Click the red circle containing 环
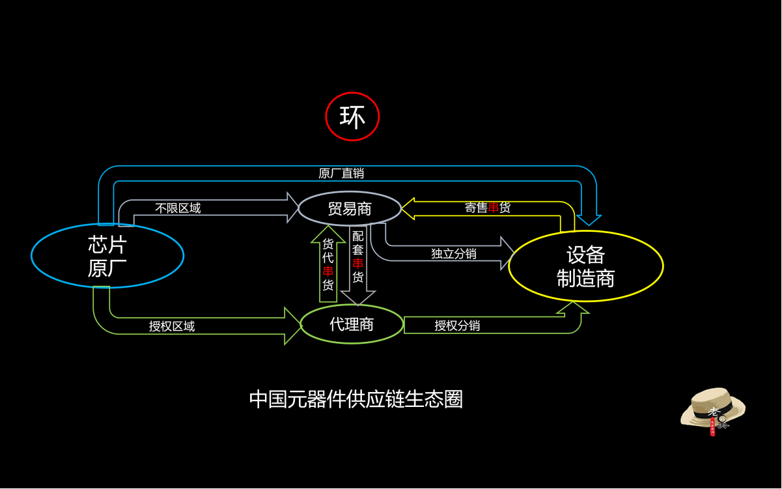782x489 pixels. click(x=352, y=117)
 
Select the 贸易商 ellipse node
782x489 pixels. click(x=350, y=208)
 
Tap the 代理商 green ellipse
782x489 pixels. click(x=352, y=324)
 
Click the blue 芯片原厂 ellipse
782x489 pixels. click(x=107, y=256)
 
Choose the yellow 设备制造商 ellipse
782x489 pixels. click(x=585, y=266)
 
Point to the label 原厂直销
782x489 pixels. click(x=341, y=173)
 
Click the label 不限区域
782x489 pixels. click(x=178, y=208)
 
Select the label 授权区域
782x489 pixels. click(x=172, y=326)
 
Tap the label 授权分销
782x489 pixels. click(x=457, y=326)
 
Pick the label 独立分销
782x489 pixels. click(x=454, y=253)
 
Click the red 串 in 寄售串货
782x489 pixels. click(x=494, y=208)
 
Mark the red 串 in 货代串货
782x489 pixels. click(x=328, y=271)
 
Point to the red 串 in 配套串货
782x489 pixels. click(x=358, y=263)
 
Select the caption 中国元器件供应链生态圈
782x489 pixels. click(x=356, y=399)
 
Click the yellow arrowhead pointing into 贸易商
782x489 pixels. click(x=408, y=208)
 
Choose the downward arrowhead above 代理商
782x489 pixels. click(x=358, y=298)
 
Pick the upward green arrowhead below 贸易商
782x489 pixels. click(x=328, y=232)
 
